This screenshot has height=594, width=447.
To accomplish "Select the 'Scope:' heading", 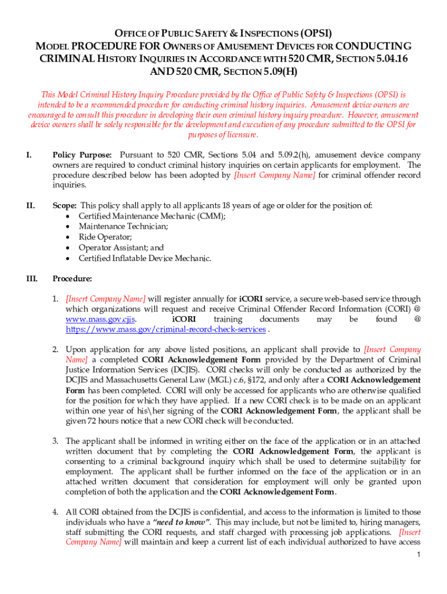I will tap(64, 205).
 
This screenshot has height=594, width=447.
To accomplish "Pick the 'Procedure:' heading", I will tap(72, 278).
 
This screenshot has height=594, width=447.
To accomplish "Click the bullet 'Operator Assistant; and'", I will tap(121, 248).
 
